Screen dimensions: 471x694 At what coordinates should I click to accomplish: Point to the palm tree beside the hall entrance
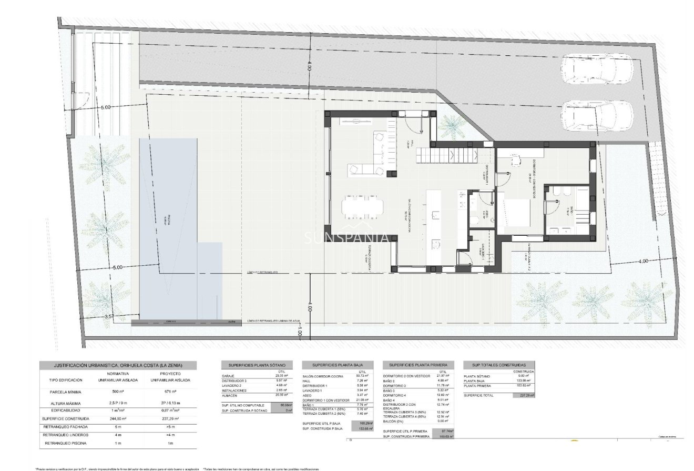tap(450, 125)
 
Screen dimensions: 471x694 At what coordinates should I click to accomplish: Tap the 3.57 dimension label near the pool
tap(109, 316)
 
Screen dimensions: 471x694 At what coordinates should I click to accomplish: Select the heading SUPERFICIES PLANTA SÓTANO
tap(257, 365)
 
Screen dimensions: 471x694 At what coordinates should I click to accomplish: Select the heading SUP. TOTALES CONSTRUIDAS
tap(498, 365)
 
